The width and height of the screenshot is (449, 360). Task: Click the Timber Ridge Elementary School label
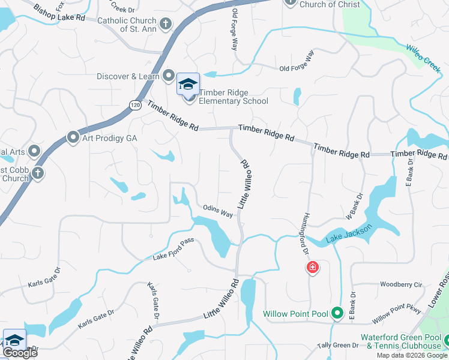[x=234, y=97]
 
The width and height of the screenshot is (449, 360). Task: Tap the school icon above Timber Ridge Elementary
[x=188, y=84]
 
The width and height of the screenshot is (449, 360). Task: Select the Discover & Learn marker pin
[x=169, y=76]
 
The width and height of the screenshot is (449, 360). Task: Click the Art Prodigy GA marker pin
[x=73, y=138]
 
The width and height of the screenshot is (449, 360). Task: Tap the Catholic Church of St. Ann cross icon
[x=166, y=24]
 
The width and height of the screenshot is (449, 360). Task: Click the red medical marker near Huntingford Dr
[x=312, y=268]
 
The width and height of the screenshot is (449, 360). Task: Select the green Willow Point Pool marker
[x=337, y=313]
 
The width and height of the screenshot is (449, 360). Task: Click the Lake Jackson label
[x=349, y=234]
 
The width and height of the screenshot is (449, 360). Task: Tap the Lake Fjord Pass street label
[x=173, y=257]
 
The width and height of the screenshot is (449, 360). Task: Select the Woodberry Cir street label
[x=402, y=284]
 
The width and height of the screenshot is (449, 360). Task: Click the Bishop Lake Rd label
[x=59, y=14]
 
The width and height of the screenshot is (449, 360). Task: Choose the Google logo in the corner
[x=20, y=353]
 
